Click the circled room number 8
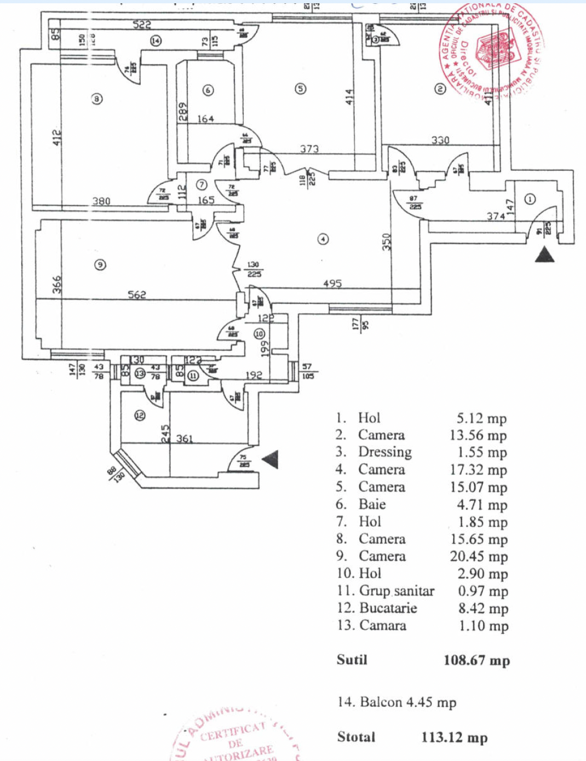point(97,99)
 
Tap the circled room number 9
point(100,265)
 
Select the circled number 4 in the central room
point(323,239)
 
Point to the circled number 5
point(300,89)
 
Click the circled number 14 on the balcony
point(156,41)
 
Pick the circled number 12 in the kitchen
point(140,416)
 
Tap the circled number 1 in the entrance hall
point(530,199)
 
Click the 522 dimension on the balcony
point(141,25)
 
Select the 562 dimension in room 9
point(136,295)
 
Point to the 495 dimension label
point(332,284)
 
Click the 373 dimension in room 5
point(309,148)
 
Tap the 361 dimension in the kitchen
point(185,439)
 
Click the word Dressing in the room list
point(384,452)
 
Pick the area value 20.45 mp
point(478,556)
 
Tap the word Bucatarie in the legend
point(388,608)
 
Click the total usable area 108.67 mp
point(476,660)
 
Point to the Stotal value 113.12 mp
point(454,737)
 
